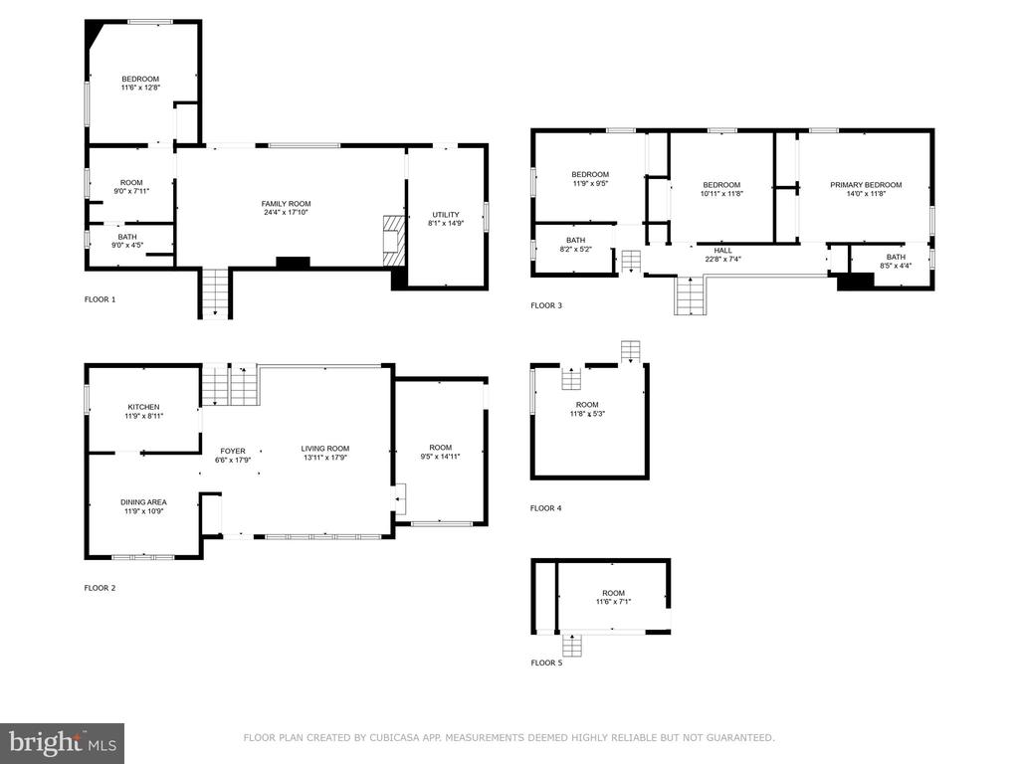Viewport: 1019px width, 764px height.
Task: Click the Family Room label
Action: (286, 203)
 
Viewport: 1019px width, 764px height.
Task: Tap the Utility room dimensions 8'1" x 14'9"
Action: (446, 224)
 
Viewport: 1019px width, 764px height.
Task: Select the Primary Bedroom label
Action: (866, 184)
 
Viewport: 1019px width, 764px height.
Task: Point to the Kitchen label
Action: (143, 407)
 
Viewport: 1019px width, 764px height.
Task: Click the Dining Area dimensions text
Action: (143, 511)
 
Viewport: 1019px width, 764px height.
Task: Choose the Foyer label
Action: (233, 451)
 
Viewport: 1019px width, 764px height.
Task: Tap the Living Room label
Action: (325, 449)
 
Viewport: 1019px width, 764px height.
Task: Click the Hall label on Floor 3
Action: (722, 250)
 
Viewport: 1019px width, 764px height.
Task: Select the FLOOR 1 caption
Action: (101, 299)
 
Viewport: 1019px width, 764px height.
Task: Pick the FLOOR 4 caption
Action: (546, 508)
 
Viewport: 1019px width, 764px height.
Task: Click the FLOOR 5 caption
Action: (546, 663)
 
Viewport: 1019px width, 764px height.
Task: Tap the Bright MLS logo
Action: (62, 743)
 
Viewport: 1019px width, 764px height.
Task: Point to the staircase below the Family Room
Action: (215, 292)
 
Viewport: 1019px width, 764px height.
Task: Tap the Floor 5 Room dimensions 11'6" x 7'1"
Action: (613, 602)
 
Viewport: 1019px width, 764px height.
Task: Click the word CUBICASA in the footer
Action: (392, 737)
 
